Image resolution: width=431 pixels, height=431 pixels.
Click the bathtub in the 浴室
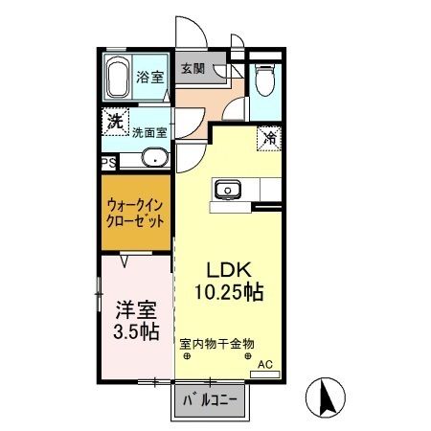pyautogui.click(x=119, y=79)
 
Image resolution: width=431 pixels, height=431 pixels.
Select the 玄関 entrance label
pyautogui.click(x=191, y=69)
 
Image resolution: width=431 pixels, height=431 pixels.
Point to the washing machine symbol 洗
pyautogui.click(x=114, y=121)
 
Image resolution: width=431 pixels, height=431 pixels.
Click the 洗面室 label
pyautogui.click(x=150, y=134)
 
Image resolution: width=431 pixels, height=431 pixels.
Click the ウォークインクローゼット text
pyautogui.click(x=134, y=211)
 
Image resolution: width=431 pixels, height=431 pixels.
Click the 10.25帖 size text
pyautogui.click(x=228, y=290)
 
